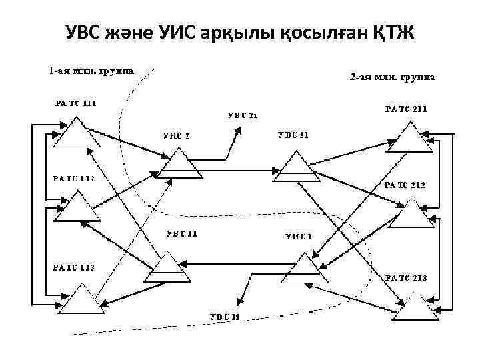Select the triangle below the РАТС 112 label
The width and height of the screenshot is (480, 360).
point(77,208)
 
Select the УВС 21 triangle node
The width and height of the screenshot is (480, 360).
point(293,167)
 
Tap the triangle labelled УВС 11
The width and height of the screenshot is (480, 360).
point(165,265)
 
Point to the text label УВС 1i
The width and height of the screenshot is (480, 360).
point(225,315)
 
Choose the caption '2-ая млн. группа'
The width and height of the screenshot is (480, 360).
point(393,77)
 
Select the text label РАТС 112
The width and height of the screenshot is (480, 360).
point(74,179)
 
